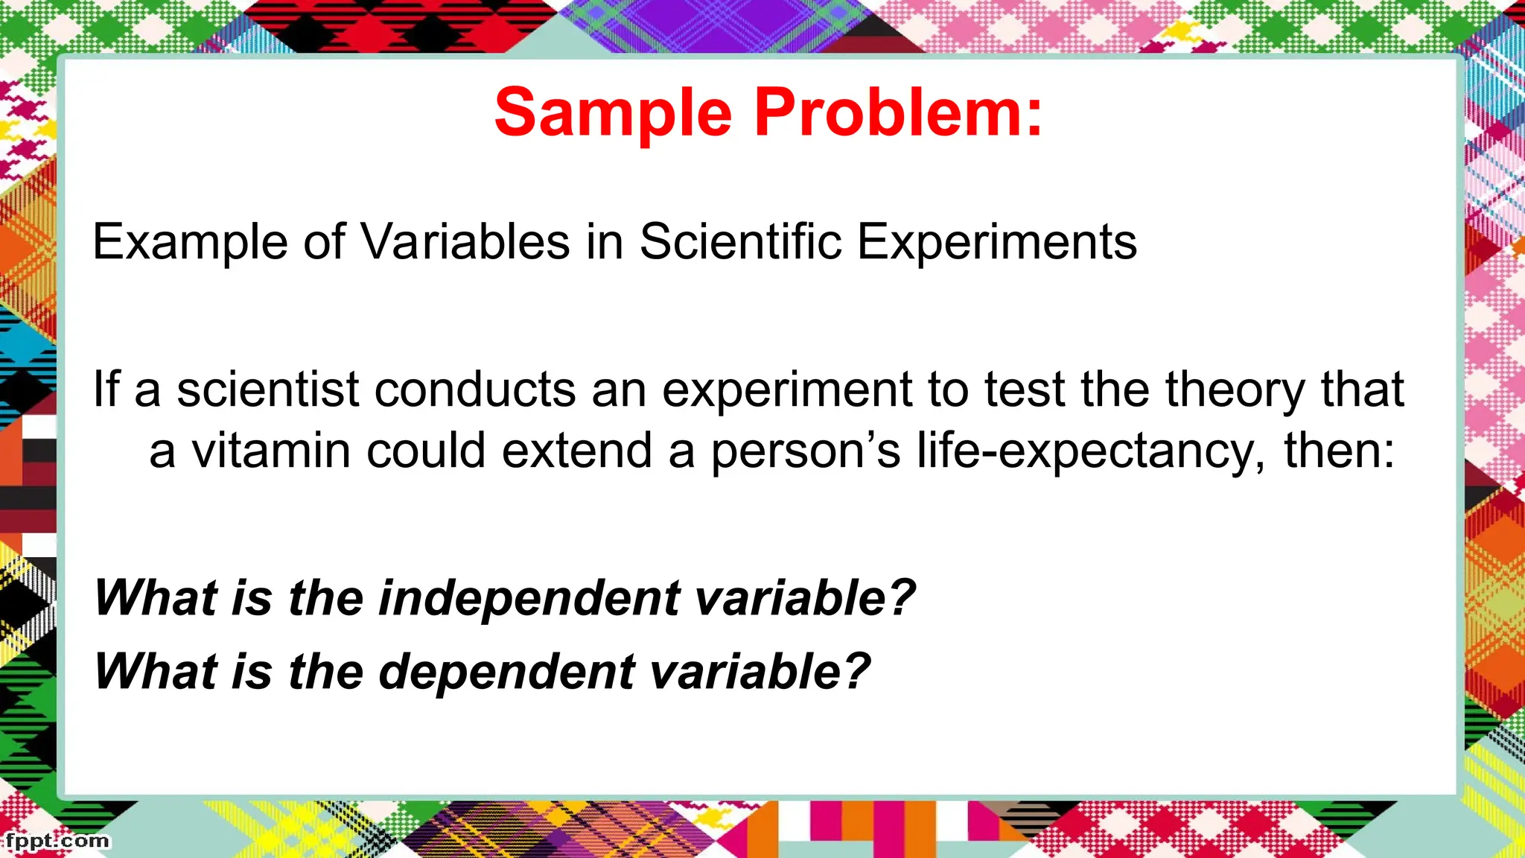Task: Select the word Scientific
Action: (x=740, y=242)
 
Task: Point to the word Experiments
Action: (x=997, y=242)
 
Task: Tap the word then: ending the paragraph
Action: (x=1339, y=451)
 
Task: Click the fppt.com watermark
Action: (x=57, y=842)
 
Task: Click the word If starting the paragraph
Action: (x=104, y=390)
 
